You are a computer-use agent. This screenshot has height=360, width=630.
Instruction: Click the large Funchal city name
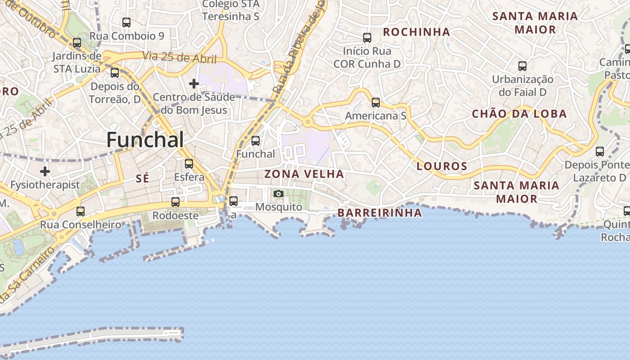tap(145, 140)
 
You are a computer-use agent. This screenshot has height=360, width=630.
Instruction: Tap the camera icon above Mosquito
tap(279, 193)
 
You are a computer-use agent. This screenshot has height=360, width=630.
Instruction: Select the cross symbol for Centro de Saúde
tap(194, 84)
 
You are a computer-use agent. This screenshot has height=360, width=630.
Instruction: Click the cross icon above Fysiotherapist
tap(45, 171)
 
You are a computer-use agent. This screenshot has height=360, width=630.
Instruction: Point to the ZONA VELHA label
tap(304, 174)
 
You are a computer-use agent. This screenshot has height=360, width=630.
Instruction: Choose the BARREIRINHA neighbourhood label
tap(380, 213)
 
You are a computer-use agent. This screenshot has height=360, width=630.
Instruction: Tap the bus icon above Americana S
tap(376, 103)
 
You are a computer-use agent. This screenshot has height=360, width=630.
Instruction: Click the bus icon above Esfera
tap(189, 164)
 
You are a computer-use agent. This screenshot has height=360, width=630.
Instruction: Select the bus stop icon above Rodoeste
tap(175, 202)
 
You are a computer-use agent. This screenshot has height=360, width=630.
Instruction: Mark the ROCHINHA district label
tap(416, 32)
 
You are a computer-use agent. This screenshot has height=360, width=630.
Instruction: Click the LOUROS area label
tap(442, 166)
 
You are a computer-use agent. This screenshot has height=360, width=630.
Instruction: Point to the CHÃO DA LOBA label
tap(519, 114)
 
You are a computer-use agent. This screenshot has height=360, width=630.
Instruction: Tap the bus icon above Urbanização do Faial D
tap(522, 66)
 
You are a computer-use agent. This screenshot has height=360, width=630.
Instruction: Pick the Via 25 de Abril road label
tap(180, 58)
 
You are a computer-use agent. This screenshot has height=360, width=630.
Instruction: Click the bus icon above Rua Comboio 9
tap(126, 22)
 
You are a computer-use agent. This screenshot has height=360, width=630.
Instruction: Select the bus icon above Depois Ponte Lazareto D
tap(600, 152)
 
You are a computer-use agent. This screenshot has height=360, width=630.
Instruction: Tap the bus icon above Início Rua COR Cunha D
tap(367, 38)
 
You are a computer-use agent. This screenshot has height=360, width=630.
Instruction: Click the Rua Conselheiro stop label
tap(81, 225)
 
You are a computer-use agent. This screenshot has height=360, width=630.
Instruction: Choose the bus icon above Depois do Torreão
tap(115, 73)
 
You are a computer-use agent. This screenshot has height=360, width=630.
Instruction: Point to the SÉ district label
tap(142, 179)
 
